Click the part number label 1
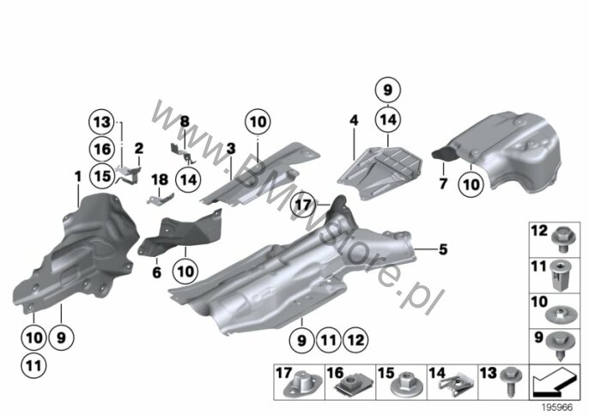point(78,176)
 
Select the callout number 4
point(354,120)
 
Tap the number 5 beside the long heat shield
point(443,249)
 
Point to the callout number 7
point(443,184)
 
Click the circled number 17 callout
point(304,205)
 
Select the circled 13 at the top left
point(102,122)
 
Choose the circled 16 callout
point(102,150)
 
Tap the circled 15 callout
point(102,175)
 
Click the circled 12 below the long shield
point(355,340)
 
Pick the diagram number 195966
point(557,407)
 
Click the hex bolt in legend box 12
point(563,240)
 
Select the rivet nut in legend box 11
point(562,276)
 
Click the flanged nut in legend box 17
point(304,384)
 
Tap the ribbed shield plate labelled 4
point(380,172)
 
